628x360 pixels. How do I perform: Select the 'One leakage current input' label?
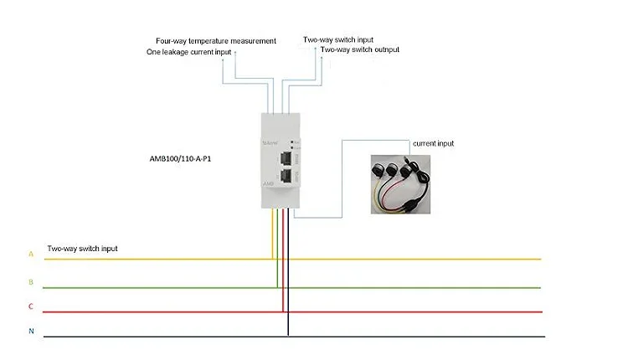(x=188, y=51)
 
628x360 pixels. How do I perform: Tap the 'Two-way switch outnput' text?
(x=360, y=49)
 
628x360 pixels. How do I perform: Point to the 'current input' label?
(x=433, y=144)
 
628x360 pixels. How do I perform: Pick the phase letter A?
(x=31, y=253)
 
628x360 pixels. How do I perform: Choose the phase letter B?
(x=31, y=282)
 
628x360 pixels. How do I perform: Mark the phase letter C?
(x=31, y=306)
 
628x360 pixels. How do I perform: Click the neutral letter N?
(x=31, y=332)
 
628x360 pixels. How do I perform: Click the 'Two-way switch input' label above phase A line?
(x=82, y=249)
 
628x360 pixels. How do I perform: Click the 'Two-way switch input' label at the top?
(x=337, y=39)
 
